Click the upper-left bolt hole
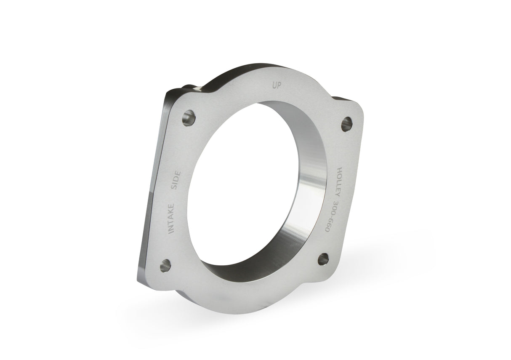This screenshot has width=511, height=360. (189, 117)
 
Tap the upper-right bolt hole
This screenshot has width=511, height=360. (346, 123)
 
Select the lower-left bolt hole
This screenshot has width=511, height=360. (165, 265)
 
